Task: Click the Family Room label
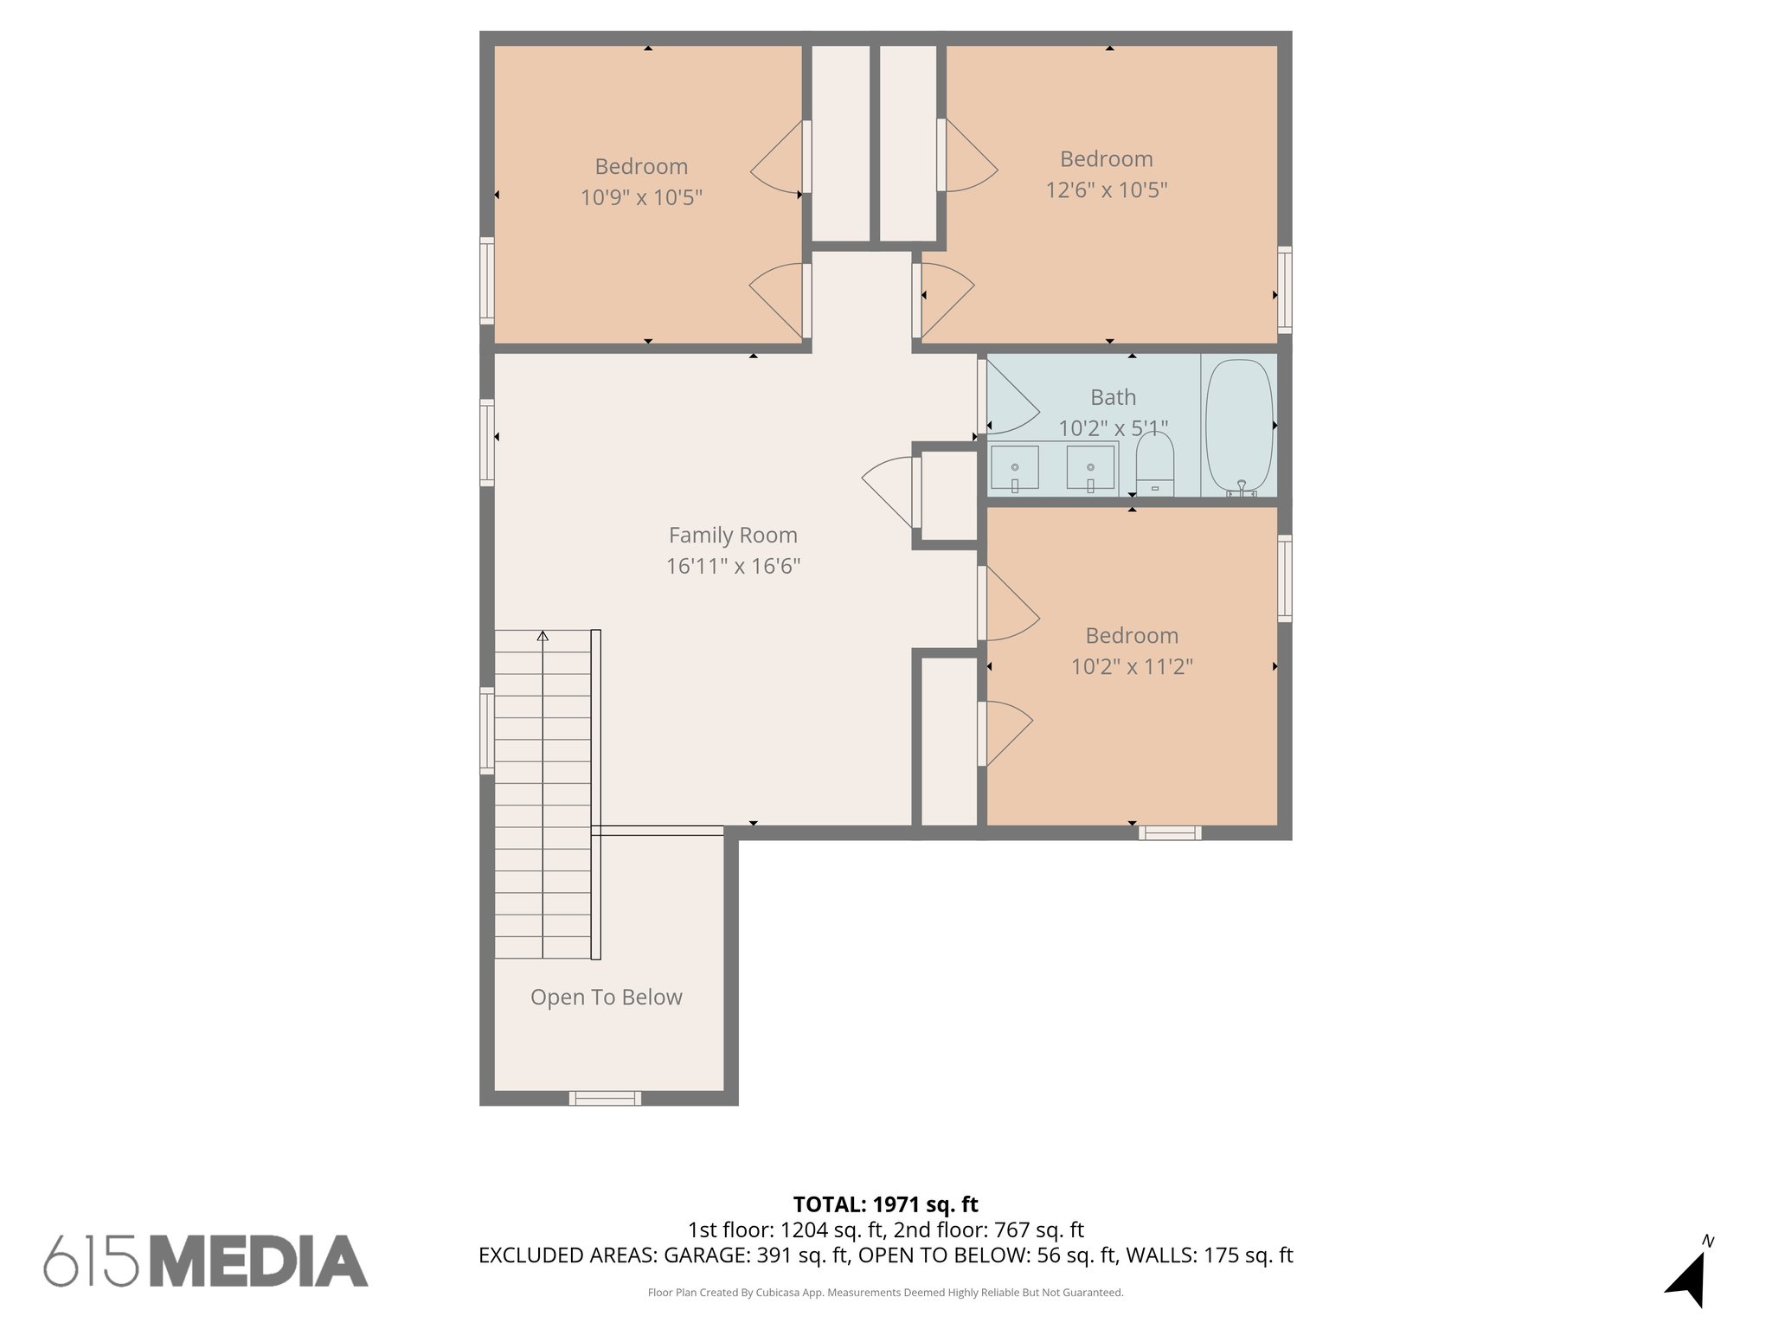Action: point(732,535)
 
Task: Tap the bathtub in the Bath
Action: point(1239,427)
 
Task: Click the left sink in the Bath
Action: point(1014,467)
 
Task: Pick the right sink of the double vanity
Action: point(1090,467)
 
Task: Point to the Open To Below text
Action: point(606,997)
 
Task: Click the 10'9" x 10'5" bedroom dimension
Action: point(640,197)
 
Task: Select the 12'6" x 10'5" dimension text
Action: point(1106,189)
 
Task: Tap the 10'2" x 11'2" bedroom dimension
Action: point(1132,666)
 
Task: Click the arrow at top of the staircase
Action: point(543,637)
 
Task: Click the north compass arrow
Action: point(1687,1279)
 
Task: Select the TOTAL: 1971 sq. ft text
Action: point(885,1204)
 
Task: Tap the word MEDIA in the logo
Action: point(259,1262)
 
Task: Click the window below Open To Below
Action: point(605,1098)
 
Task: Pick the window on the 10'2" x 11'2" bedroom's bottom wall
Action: point(1169,832)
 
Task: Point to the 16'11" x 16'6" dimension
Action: point(732,566)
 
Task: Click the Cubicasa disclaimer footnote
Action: point(885,1293)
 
